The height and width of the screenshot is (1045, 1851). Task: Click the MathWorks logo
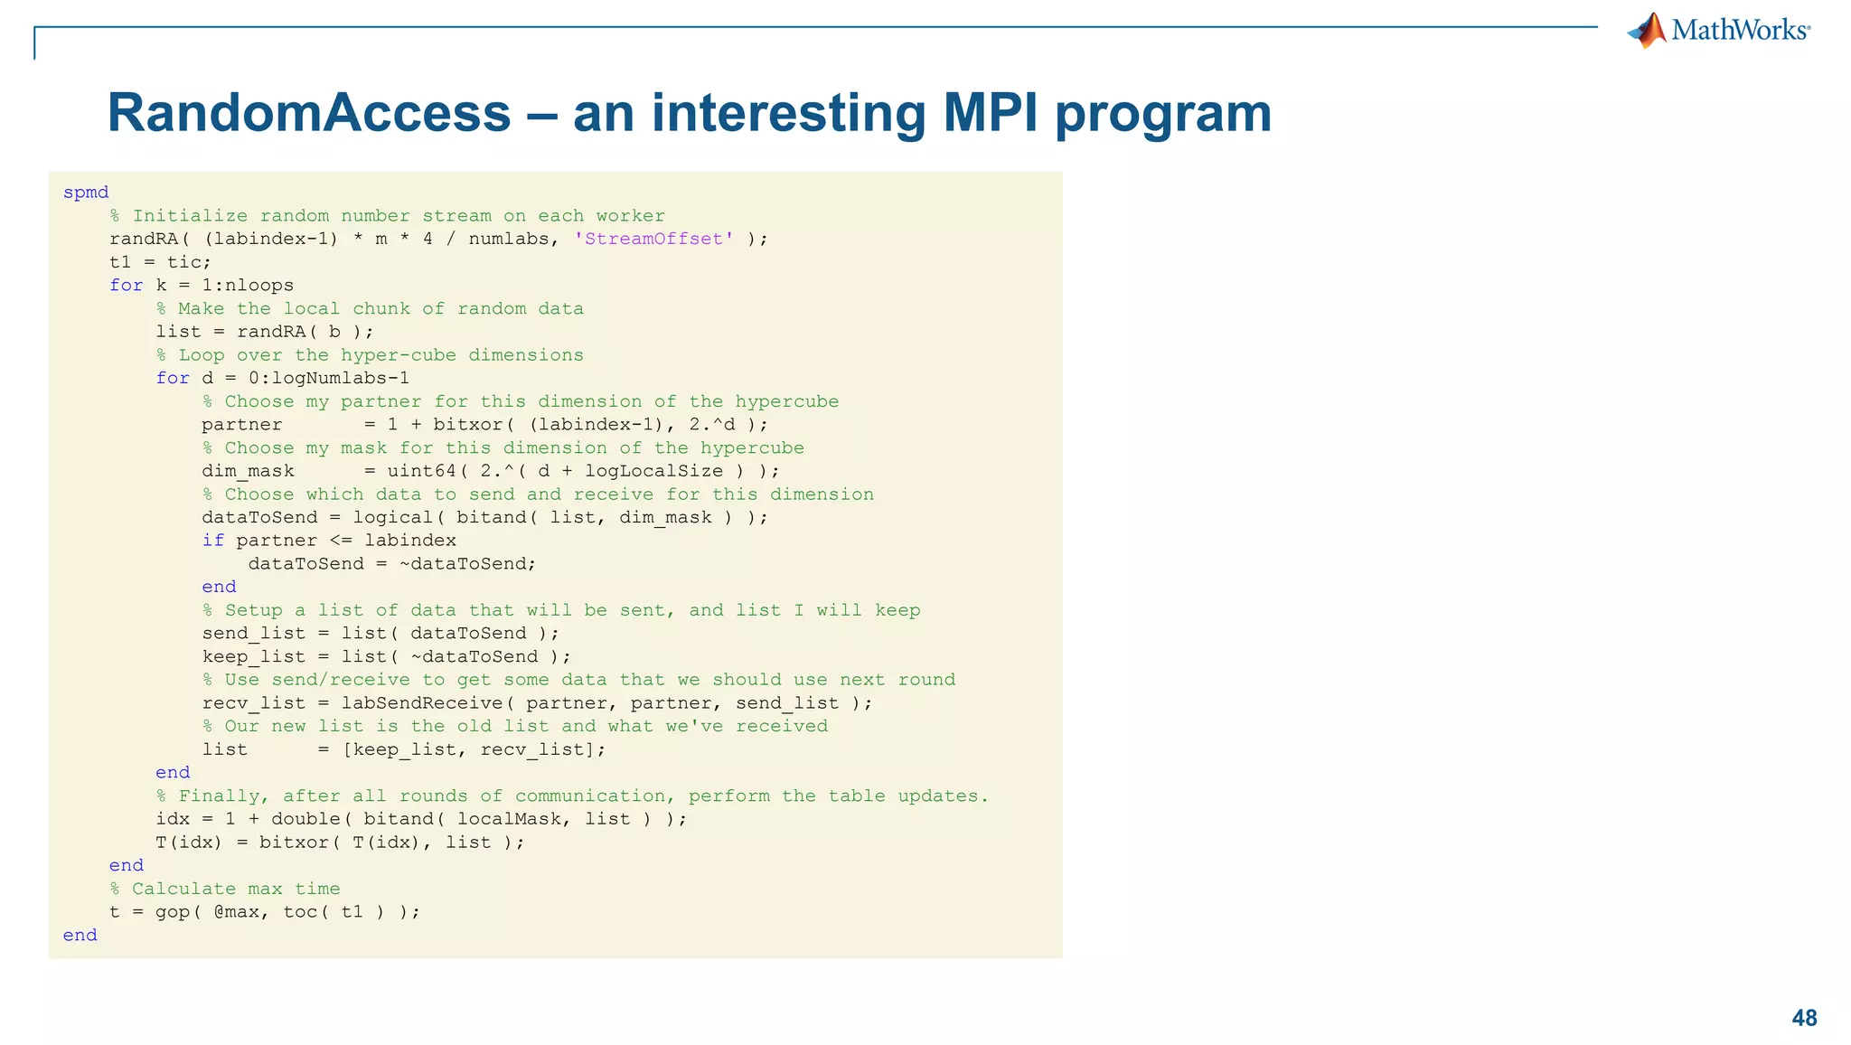pyautogui.click(x=1718, y=31)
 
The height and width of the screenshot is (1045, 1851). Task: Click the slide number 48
pyautogui.click(x=1804, y=1018)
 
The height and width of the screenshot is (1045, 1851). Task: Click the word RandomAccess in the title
pyautogui.click(x=309, y=113)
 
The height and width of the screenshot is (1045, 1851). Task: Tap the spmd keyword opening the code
pyautogui.click(x=86, y=192)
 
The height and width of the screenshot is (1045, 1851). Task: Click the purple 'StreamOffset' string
pyautogui.click(x=653, y=239)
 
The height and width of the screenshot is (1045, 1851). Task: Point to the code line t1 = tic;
pyautogui.click(x=161, y=262)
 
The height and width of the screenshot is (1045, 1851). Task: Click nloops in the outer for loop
pyautogui.click(x=259, y=285)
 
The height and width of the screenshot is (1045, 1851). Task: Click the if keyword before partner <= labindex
pyautogui.click(x=212, y=541)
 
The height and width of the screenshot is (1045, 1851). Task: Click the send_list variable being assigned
pyautogui.click(x=254, y=633)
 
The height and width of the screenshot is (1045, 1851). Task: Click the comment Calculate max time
pyautogui.click(x=236, y=889)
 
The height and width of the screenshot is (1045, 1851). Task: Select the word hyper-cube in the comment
pyautogui.click(x=399, y=354)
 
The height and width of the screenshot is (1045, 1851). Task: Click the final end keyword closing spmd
pyautogui.click(x=80, y=935)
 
